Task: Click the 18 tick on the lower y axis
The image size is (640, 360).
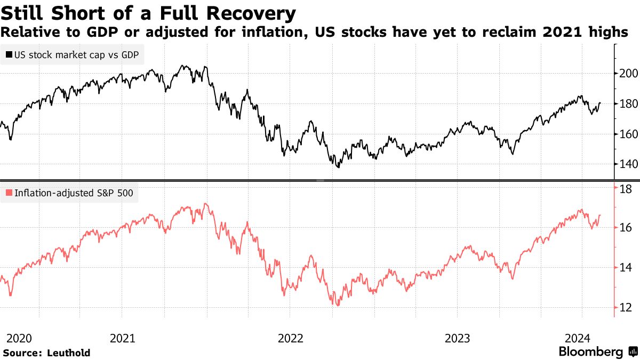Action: [x=626, y=188]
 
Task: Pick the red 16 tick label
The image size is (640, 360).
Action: [x=626, y=228]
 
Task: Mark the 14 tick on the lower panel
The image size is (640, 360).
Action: [x=626, y=268]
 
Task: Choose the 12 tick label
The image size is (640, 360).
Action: [x=626, y=308]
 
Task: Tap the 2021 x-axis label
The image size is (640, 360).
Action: [x=122, y=338]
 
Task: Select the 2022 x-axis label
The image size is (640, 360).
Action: [x=290, y=338]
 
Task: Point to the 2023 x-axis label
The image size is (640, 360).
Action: [x=458, y=338]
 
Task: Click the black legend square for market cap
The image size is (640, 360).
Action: [x=9, y=54]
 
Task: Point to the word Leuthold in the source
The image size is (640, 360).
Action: [x=69, y=353]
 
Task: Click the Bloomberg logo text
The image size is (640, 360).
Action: [x=591, y=352]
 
